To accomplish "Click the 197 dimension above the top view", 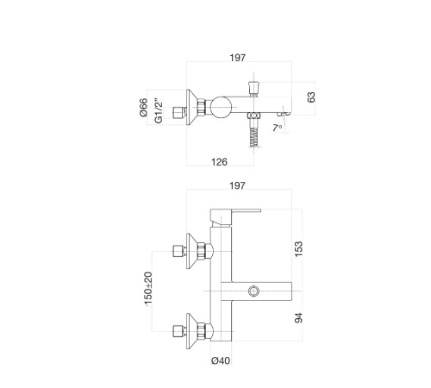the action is (x=238, y=58).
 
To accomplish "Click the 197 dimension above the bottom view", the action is (x=237, y=185).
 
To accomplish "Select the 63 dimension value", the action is (x=311, y=97).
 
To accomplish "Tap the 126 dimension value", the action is (x=219, y=162).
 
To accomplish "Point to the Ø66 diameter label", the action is (x=143, y=108).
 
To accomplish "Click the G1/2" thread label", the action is (x=159, y=111).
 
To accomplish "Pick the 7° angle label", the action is (x=277, y=128).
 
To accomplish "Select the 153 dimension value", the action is (x=299, y=249).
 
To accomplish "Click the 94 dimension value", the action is (x=299, y=318).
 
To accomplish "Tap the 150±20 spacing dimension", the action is (x=148, y=288).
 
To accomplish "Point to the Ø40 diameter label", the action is (x=221, y=360).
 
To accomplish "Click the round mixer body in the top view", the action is (x=221, y=107).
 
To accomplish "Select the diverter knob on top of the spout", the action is (x=253, y=88).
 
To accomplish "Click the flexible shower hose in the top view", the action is (x=254, y=137).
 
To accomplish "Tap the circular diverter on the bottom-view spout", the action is (x=254, y=291).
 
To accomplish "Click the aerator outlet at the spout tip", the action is (x=284, y=114).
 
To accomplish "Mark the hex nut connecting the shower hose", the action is (x=254, y=116).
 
